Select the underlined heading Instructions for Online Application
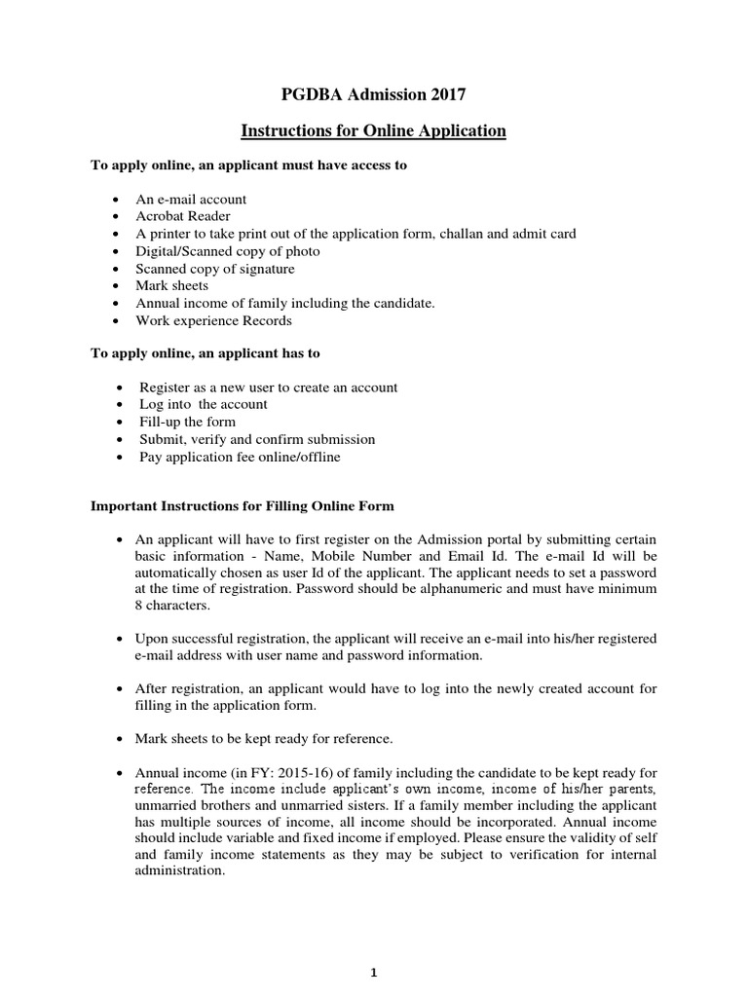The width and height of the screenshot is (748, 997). (374, 130)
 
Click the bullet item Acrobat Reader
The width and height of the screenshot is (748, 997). (183, 216)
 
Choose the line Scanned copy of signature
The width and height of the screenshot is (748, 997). (214, 269)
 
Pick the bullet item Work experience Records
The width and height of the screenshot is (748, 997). (213, 320)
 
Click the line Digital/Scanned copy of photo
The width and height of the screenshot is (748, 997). (227, 251)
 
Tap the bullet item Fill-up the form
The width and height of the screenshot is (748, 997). (187, 422)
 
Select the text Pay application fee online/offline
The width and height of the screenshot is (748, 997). (240, 457)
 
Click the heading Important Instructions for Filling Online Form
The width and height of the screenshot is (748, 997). (242, 507)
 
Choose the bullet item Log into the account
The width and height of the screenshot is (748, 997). (203, 404)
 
